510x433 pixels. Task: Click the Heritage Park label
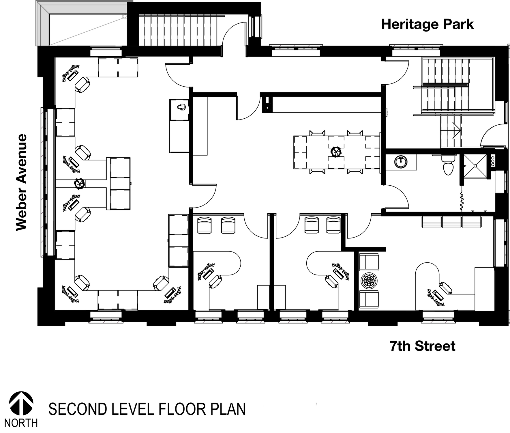click(x=427, y=25)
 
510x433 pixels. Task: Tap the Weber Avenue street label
click(x=21, y=182)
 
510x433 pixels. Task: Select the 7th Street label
click(x=422, y=346)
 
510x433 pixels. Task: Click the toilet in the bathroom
click(x=447, y=165)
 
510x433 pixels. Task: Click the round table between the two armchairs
click(x=368, y=280)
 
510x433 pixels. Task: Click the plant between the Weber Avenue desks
click(x=79, y=184)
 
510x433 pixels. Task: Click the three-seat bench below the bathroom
click(x=451, y=221)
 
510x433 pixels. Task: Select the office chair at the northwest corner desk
click(x=82, y=85)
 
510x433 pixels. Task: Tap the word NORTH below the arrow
click(x=21, y=423)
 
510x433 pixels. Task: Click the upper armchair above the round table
click(x=368, y=262)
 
